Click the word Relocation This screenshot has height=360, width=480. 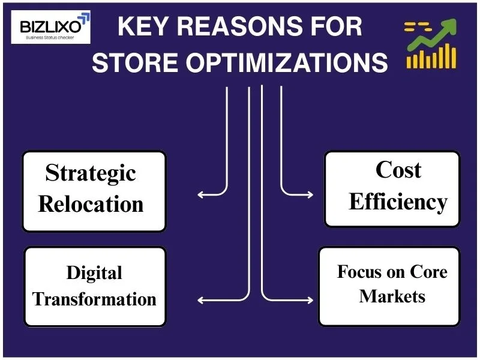coord(91,204)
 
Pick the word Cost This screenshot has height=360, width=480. coord(398,170)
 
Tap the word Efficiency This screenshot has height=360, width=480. coord(398,202)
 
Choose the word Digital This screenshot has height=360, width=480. coord(94,273)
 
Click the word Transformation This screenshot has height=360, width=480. coord(94,299)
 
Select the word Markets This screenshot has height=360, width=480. coord(392,296)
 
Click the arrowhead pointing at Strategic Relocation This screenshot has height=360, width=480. coord(200,194)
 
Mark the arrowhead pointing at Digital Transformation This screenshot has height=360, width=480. coord(200,299)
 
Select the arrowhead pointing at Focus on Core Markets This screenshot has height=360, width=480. coord(312,299)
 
